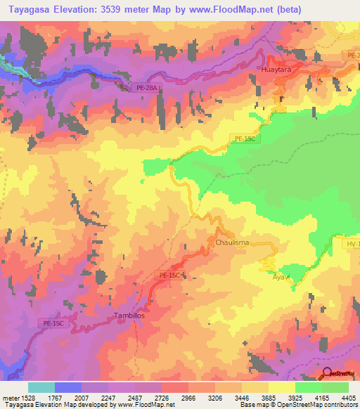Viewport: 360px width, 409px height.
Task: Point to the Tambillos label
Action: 129,316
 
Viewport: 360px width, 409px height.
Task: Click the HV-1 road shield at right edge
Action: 353,243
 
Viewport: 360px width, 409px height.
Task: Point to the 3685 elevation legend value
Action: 269,397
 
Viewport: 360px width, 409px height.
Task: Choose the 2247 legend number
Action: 109,397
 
